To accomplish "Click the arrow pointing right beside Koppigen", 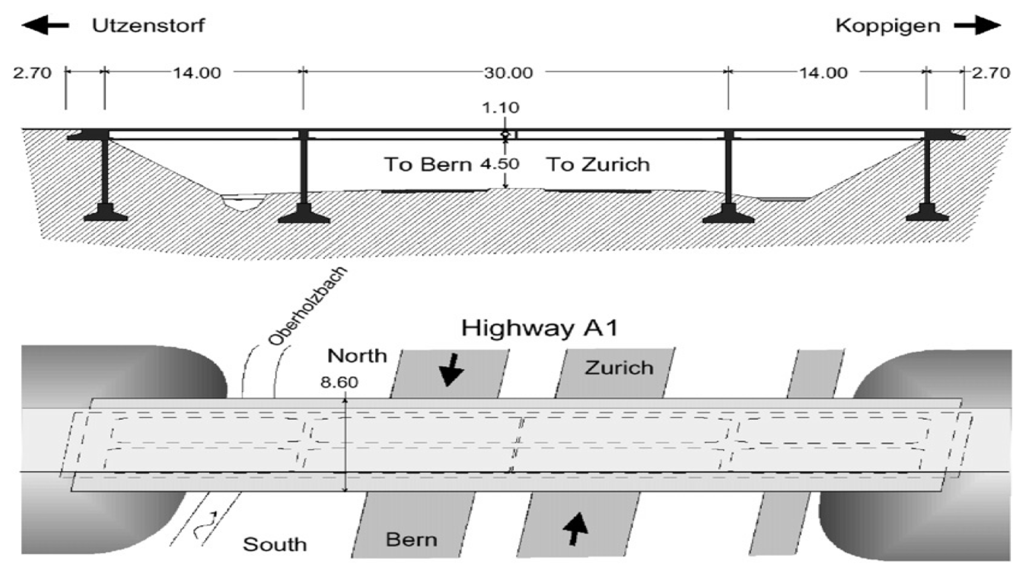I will [x=977, y=26].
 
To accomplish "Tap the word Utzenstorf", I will [x=148, y=26].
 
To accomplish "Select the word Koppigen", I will [x=888, y=26].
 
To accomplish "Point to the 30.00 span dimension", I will [x=508, y=73].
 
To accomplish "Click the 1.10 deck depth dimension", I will [x=501, y=108].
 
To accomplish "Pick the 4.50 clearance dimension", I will [x=499, y=164].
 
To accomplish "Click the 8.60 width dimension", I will [x=339, y=382].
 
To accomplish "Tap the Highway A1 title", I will [x=540, y=328].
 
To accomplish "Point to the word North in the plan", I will [x=357, y=356].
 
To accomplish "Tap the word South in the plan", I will [x=275, y=544].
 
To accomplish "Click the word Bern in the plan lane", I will [x=411, y=540].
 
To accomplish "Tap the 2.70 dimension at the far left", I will [x=32, y=73].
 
